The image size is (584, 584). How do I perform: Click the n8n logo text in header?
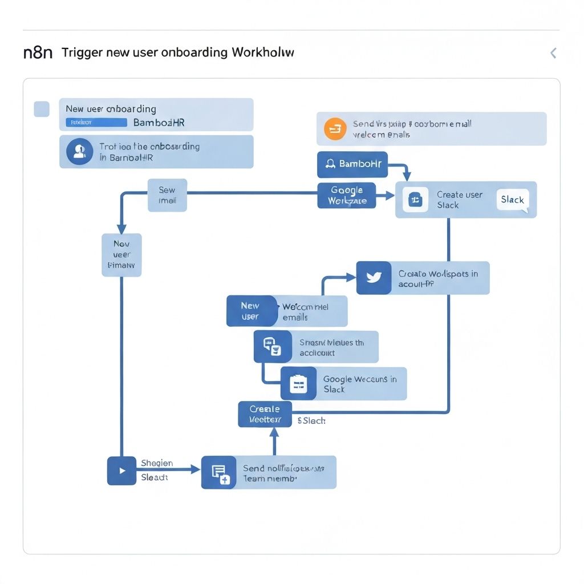38,53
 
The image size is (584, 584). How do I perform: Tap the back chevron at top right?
553,53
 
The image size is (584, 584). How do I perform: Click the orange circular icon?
335,129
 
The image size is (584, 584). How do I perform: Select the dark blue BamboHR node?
352,164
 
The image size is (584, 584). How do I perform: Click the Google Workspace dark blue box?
346,196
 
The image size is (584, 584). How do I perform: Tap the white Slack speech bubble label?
512,200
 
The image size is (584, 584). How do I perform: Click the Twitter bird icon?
374,278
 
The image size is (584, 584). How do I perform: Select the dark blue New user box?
250,311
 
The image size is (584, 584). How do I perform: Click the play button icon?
121,471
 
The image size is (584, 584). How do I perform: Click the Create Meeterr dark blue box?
265,414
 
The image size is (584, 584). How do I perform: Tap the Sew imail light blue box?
167,195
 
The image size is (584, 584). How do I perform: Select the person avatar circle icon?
79,152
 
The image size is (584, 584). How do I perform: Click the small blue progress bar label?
96,122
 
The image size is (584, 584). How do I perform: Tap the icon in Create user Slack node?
415,200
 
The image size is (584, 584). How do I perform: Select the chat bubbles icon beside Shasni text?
272,346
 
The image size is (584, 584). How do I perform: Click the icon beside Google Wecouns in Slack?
298,383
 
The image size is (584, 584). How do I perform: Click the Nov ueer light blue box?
121,255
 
